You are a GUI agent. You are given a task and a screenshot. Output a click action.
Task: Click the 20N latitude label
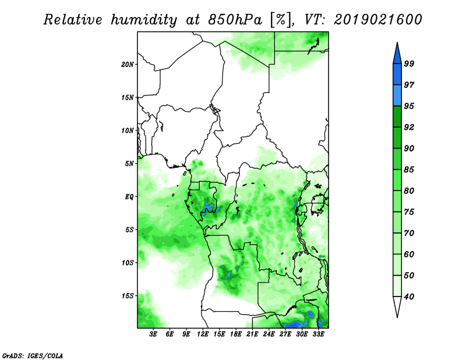(x=127, y=65)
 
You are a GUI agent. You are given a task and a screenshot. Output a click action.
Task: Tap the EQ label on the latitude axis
(x=129, y=197)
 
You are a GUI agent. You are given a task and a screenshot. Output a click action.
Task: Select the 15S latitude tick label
(x=127, y=296)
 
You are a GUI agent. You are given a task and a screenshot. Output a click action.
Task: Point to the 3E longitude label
(x=153, y=334)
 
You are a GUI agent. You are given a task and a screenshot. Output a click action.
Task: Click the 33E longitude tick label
(x=318, y=334)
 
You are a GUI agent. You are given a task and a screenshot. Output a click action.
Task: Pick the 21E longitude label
(x=252, y=334)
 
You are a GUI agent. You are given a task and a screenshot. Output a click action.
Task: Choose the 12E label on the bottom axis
(x=203, y=334)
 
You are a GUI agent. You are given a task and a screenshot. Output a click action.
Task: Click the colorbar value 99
(x=409, y=63)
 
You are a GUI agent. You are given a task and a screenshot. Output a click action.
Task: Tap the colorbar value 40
(x=409, y=297)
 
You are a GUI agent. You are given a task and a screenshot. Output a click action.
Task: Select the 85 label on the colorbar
(x=409, y=170)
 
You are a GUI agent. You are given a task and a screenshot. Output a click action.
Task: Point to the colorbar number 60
(x=409, y=254)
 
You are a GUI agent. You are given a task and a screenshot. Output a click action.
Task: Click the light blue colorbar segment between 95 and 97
(x=397, y=96)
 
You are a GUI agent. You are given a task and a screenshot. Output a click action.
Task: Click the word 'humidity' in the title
(x=144, y=20)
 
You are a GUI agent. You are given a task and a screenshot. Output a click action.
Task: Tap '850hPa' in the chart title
(x=235, y=20)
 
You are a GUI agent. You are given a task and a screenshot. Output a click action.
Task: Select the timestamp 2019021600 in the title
(x=377, y=20)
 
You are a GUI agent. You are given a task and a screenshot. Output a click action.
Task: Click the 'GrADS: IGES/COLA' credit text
(x=33, y=355)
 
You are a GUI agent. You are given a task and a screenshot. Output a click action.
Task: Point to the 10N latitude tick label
(x=127, y=130)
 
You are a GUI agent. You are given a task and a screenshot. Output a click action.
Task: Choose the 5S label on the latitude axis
(x=129, y=230)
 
